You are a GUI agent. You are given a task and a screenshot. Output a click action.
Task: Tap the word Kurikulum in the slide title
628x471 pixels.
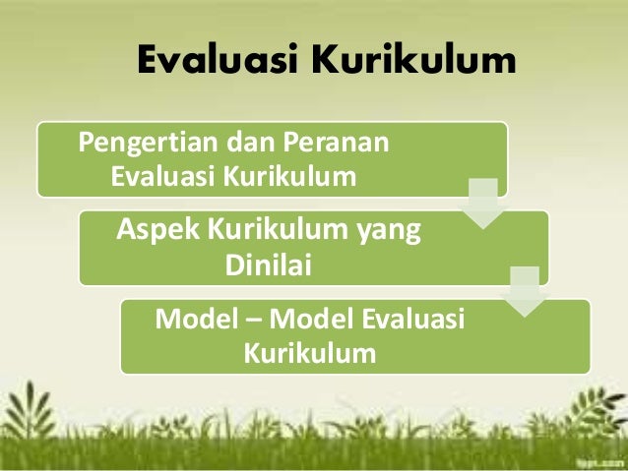[x=414, y=61]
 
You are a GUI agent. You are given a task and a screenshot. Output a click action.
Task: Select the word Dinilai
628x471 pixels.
[x=268, y=265]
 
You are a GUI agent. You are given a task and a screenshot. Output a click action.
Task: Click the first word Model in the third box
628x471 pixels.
[x=196, y=320]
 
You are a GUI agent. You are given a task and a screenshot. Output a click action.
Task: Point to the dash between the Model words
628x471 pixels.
[x=253, y=321]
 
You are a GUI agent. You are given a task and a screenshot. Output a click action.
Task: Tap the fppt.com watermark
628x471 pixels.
[x=597, y=460]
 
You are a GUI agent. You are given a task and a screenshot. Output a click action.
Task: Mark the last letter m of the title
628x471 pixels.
[x=498, y=63]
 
